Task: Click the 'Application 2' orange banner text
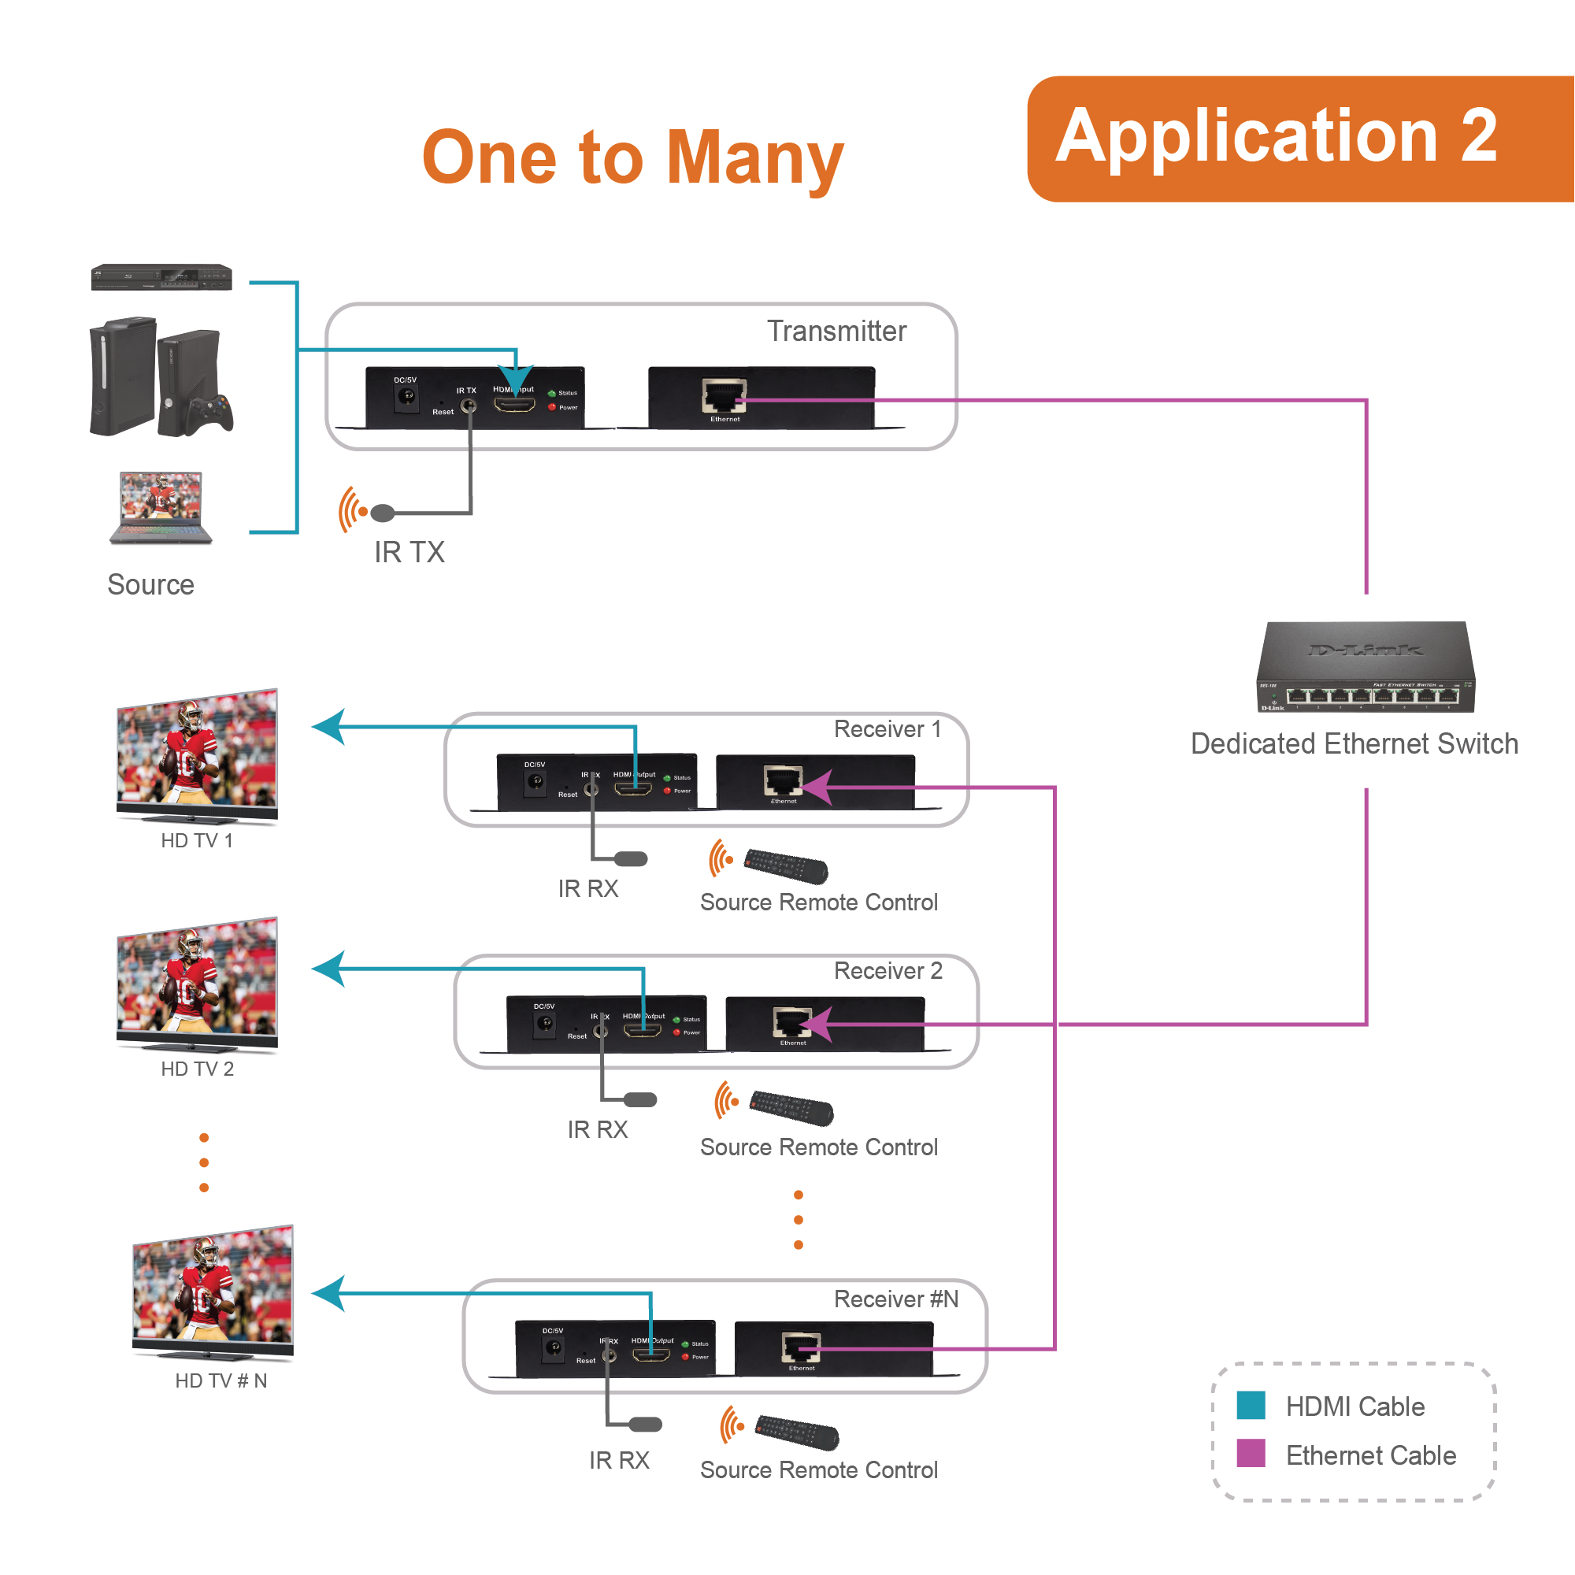(x=1276, y=137)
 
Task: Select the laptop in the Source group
(x=161, y=506)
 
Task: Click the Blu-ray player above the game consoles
(x=161, y=277)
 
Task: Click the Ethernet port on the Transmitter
(x=724, y=396)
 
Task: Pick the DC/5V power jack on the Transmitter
(x=406, y=397)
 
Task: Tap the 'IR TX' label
(x=409, y=553)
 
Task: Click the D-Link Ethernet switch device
(x=1366, y=667)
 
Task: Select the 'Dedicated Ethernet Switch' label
(x=1354, y=743)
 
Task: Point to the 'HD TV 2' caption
(x=198, y=1069)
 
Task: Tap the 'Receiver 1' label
(x=888, y=728)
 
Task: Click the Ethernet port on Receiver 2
(x=792, y=1021)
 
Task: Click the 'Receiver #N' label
(x=896, y=1299)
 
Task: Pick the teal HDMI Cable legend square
(x=1251, y=1406)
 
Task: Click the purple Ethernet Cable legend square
(x=1251, y=1454)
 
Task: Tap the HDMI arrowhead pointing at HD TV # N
(x=329, y=1294)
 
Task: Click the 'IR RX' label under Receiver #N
(x=620, y=1460)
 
